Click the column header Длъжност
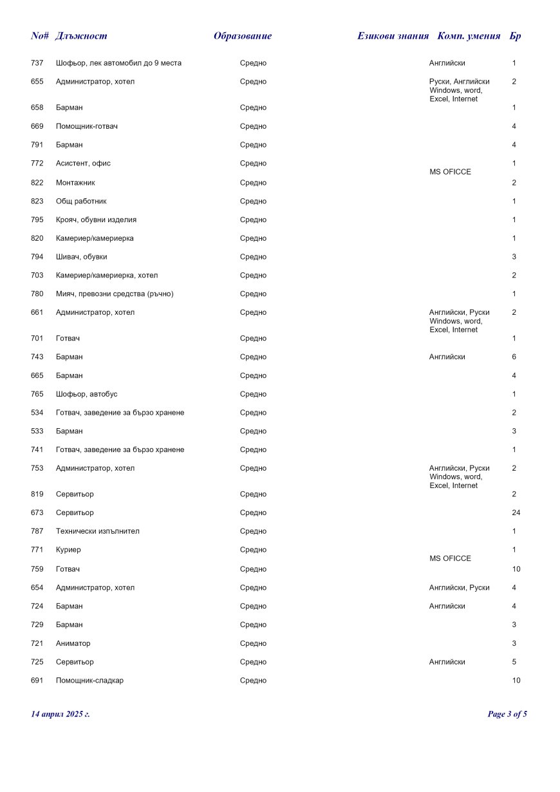click(81, 36)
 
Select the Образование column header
click(243, 36)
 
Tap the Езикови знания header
click(393, 36)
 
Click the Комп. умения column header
click(469, 36)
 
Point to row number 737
click(37, 63)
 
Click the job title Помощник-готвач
click(86, 126)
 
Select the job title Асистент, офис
click(83, 164)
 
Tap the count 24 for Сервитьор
click(516, 513)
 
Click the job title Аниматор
click(73, 643)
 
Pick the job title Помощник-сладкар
click(89, 681)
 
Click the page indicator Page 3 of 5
click(507, 714)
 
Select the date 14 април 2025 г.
click(61, 714)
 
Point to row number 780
click(37, 294)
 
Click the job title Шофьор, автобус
click(86, 394)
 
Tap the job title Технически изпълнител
click(97, 531)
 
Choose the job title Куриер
click(68, 550)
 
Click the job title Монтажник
click(75, 183)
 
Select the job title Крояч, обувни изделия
click(96, 220)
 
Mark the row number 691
click(37, 681)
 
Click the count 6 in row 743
click(514, 357)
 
